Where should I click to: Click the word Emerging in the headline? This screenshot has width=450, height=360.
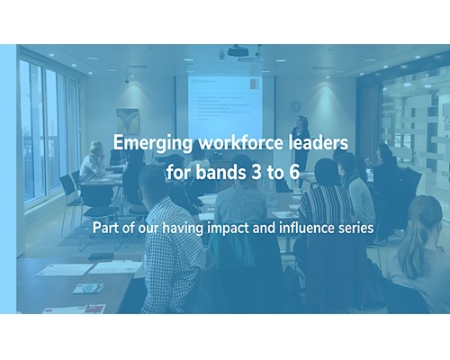point(153,143)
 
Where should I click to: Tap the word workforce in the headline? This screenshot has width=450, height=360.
point(240,142)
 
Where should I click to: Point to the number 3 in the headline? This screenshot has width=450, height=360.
point(256,172)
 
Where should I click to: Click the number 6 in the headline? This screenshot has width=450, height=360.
point(294,172)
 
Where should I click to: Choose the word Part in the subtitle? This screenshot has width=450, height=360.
point(103,228)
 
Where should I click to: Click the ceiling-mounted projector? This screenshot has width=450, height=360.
point(238,51)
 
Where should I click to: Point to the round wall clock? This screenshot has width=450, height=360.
point(295,105)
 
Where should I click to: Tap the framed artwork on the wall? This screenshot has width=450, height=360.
point(128,121)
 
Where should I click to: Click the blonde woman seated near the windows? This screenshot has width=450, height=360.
point(94,162)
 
